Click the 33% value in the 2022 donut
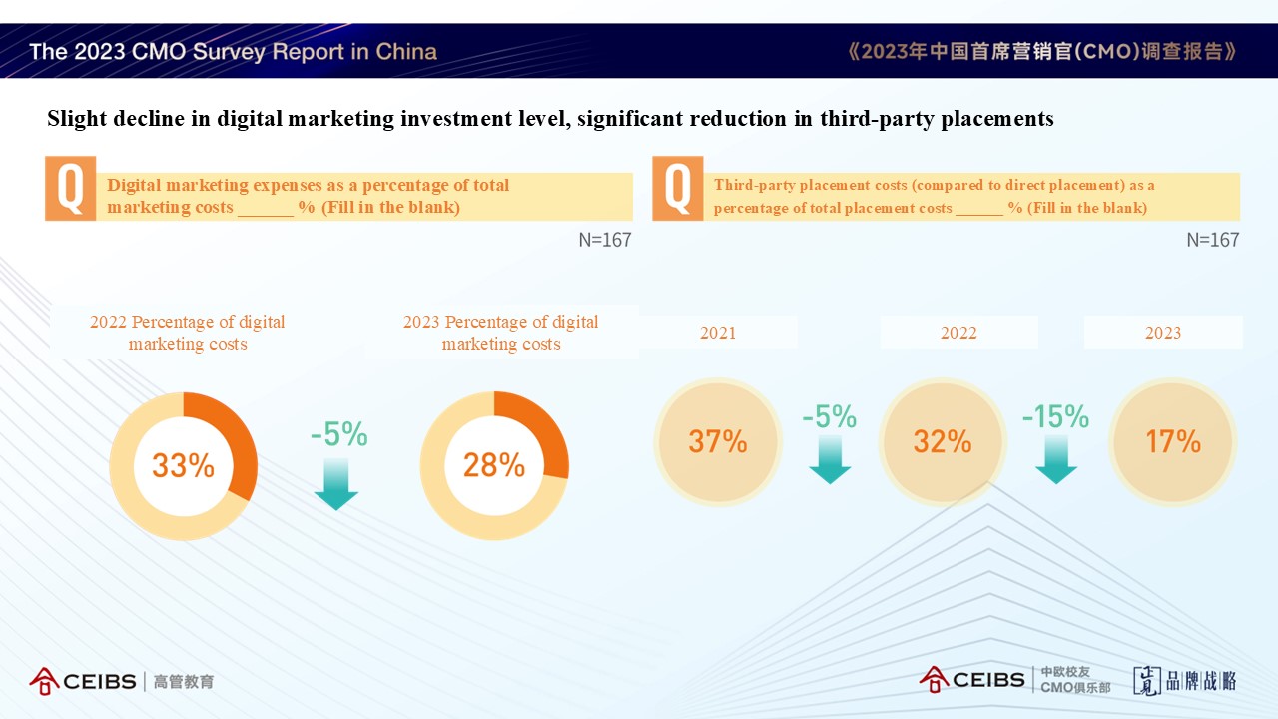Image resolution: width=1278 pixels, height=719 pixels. [183, 465]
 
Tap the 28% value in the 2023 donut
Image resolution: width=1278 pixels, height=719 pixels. [494, 465]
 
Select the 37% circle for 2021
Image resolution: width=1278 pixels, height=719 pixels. [718, 441]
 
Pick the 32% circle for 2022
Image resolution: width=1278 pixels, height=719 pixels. [943, 441]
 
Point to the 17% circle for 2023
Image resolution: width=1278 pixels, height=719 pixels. [1172, 441]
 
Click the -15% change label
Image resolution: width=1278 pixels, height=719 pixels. [1055, 416]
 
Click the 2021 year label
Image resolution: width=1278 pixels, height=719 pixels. [718, 333]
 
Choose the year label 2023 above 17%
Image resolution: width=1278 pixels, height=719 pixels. [1163, 333]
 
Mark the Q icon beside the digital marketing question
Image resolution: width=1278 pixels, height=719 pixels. [70, 188]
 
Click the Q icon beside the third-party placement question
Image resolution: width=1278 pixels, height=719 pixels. [677, 188]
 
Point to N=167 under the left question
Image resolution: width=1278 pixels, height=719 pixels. [605, 240]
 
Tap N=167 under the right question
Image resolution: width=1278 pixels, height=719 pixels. [1212, 240]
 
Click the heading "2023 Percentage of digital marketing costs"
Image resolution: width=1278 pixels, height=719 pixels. [500, 333]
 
